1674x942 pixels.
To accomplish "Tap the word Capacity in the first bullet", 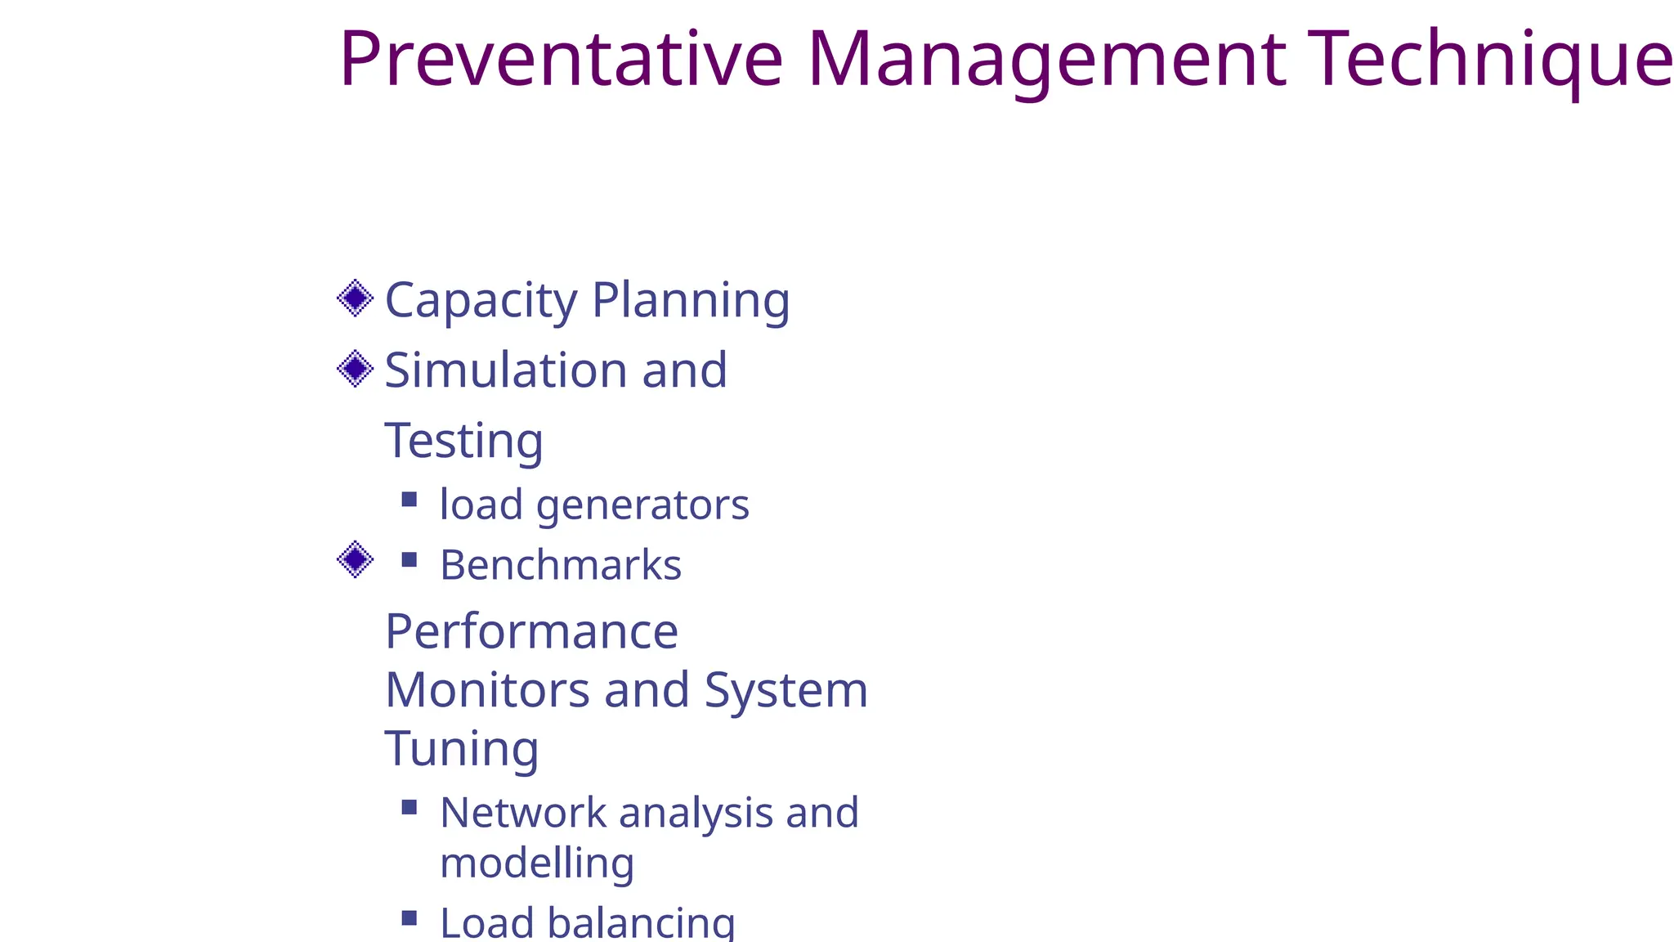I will pyautogui.click(x=481, y=301).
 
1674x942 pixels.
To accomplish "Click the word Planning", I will pyautogui.click(x=691, y=301).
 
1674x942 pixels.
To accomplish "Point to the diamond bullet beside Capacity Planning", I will pyautogui.click(x=356, y=298).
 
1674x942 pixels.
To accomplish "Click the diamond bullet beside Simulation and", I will pyautogui.click(x=356, y=369).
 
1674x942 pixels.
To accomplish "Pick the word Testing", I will pyautogui.click(x=463, y=442).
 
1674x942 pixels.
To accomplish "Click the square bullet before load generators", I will pyautogui.click(x=410, y=499).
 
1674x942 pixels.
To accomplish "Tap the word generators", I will pyautogui.click(x=642, y=505).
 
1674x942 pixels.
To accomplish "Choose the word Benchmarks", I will pyautogui.click(x=560, y=565).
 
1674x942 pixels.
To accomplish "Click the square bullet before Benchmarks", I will pyautogui.click(x=410, y=560).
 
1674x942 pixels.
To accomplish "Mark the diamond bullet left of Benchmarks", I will pyautogui.click(x=356, y=560).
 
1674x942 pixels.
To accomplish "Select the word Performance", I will pyautogui.click(x=531, y=632).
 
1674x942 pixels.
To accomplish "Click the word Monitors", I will pyautogui.click(x=487, y=690).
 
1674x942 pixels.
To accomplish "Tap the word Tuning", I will pyautogui.click(x=461, y=750).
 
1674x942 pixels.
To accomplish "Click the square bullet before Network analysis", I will pyautogui.click(x=410, y=808).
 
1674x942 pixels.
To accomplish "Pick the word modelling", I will pyautogui.click(x=537, y=863).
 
